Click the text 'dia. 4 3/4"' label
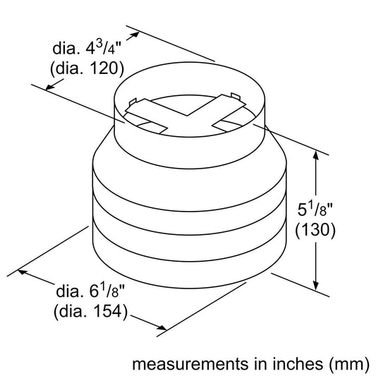coord(89,49)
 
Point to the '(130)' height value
coord(315,231)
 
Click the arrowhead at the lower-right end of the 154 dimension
coord(162,326)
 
